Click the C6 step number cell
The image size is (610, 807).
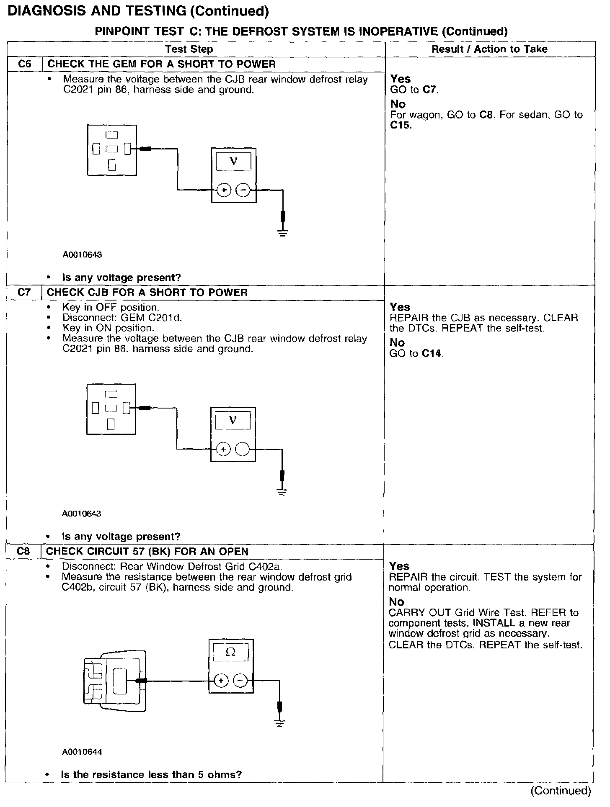(25, 64)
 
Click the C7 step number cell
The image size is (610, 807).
(24, 292)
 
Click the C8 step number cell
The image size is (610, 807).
(23, 551)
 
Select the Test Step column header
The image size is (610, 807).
(189, 49)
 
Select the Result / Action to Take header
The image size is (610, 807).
(489, 49)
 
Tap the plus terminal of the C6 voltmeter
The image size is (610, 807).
(224, 190)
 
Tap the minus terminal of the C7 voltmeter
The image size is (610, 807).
(242, 450)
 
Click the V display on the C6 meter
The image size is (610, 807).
(234, 162)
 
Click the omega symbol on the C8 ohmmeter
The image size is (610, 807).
(230, 652)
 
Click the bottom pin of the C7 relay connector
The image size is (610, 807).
(111, 424)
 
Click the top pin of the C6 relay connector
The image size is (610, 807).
(112, 135)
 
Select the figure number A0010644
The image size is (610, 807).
(82, 752)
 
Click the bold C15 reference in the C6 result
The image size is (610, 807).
(400, 125)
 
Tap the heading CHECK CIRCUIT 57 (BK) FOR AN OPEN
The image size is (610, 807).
(147, 551)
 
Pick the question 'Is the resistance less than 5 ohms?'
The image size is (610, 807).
(151, 774)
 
